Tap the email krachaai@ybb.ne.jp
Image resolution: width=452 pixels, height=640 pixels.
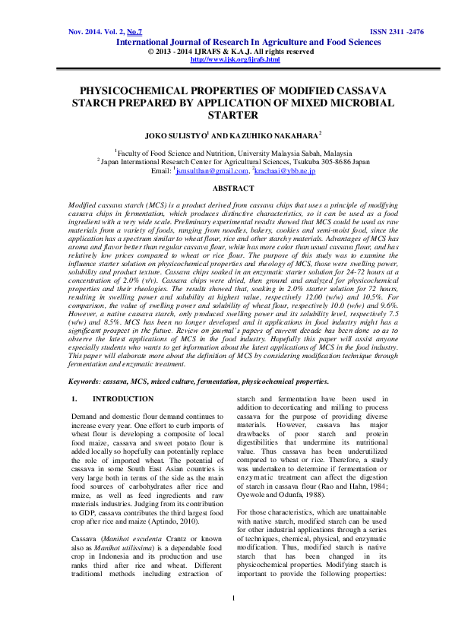285,171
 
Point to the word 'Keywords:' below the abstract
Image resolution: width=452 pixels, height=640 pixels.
85,380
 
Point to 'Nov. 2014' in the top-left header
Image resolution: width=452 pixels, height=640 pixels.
86,33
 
